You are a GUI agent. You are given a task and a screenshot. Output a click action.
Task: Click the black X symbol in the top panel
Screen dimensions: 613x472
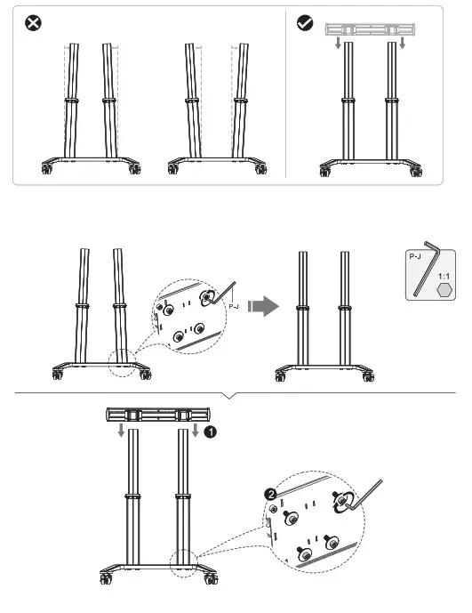tap(29, 22)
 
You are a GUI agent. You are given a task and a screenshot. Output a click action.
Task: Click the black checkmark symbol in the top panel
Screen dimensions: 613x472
tap(305, 22)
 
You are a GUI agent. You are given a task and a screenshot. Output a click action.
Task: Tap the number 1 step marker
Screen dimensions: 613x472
tap(210, 432)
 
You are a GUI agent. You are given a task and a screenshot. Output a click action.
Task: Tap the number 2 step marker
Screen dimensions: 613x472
tap(270, 492)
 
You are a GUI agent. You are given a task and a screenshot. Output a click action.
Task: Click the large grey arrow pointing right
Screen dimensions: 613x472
tap(260, 306)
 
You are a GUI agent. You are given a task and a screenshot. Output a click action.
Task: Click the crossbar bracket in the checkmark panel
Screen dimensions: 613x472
tap(366, 30)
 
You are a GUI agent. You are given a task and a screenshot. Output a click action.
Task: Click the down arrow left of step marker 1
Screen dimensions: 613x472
tap(195, 432)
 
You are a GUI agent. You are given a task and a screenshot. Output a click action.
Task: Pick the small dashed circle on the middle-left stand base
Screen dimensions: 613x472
tap(120, 359)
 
